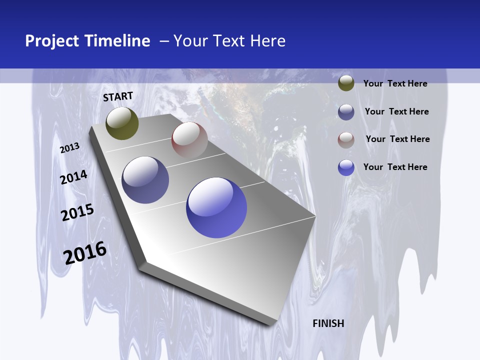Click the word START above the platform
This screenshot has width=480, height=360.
coord(118,96)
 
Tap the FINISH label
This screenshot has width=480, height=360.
coord(328,323)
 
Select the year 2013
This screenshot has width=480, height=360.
coord(70,147)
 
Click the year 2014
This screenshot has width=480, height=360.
coord(74,177)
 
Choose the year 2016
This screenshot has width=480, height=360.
coord(85,253)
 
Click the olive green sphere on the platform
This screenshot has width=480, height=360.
coord(122,123)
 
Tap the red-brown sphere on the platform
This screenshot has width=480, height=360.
coord(189,140)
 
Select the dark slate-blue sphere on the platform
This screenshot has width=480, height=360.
coord(145,180)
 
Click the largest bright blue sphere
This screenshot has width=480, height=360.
coord(216,207)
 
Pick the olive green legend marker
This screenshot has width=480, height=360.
coord(346,83)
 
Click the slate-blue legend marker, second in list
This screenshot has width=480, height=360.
coord(346,112)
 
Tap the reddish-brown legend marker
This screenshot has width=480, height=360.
coord(346,140)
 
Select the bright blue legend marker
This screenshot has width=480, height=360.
coord(346,167)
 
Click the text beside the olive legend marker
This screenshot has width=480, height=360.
coord(395,83)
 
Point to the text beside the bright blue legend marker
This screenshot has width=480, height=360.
coord(395,167)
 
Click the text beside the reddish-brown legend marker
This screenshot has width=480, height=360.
coord(397,139)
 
